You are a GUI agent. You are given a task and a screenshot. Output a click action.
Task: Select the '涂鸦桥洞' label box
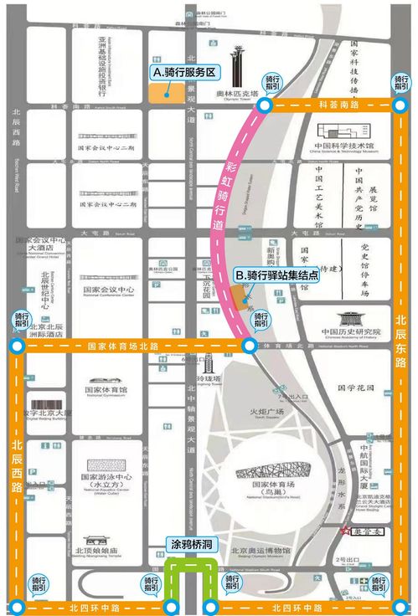[x=189, y=545]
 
